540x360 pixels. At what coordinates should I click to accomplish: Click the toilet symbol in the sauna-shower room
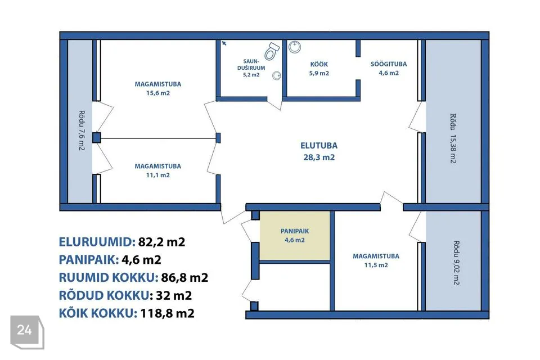tap(272, 51)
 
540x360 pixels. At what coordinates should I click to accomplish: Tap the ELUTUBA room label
tap(319, 146)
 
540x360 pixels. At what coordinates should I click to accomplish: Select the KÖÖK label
tap(319, 65)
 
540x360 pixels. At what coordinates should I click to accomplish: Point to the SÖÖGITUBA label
tap(389, 64)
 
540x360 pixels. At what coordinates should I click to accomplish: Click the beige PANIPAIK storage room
tap(295, 236)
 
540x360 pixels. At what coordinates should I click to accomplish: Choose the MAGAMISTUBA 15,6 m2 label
tap(157, 88)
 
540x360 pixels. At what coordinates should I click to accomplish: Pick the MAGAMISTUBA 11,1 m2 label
tap(157, 170)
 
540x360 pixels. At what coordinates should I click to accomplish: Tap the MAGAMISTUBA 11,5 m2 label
tap(376, 260)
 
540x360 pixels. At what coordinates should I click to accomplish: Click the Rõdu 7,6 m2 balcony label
tap(82, 130)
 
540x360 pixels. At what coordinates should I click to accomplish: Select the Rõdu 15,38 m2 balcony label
tap(453, 138)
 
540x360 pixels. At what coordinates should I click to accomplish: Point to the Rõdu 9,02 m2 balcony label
tap(456, 263)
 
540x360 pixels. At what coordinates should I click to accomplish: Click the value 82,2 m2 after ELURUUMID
tap(161, 242)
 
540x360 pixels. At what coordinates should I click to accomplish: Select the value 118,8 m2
tap(168, 313)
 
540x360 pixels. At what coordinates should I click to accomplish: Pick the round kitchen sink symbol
tap(295, 47)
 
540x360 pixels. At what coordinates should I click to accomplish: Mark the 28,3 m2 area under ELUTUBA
tap(319, 157)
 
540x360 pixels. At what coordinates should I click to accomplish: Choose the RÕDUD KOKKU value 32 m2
tap(174, 295)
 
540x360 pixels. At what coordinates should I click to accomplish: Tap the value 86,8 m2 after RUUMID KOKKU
tap(184, 277)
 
